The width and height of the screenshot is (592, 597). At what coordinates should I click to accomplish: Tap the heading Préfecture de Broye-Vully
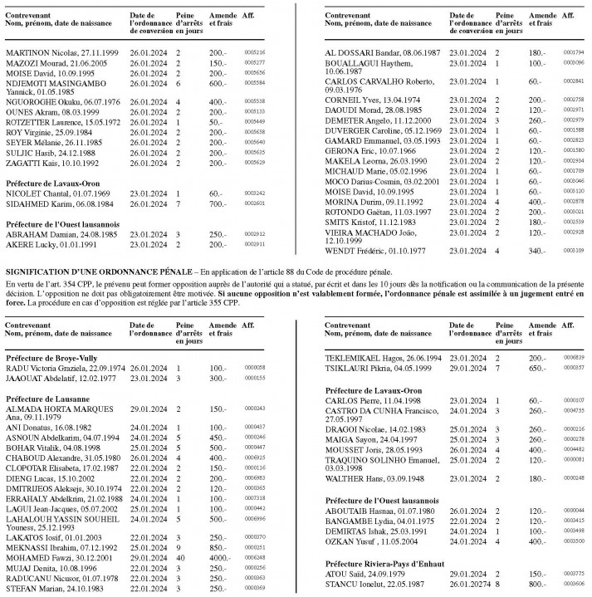point(53,356)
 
